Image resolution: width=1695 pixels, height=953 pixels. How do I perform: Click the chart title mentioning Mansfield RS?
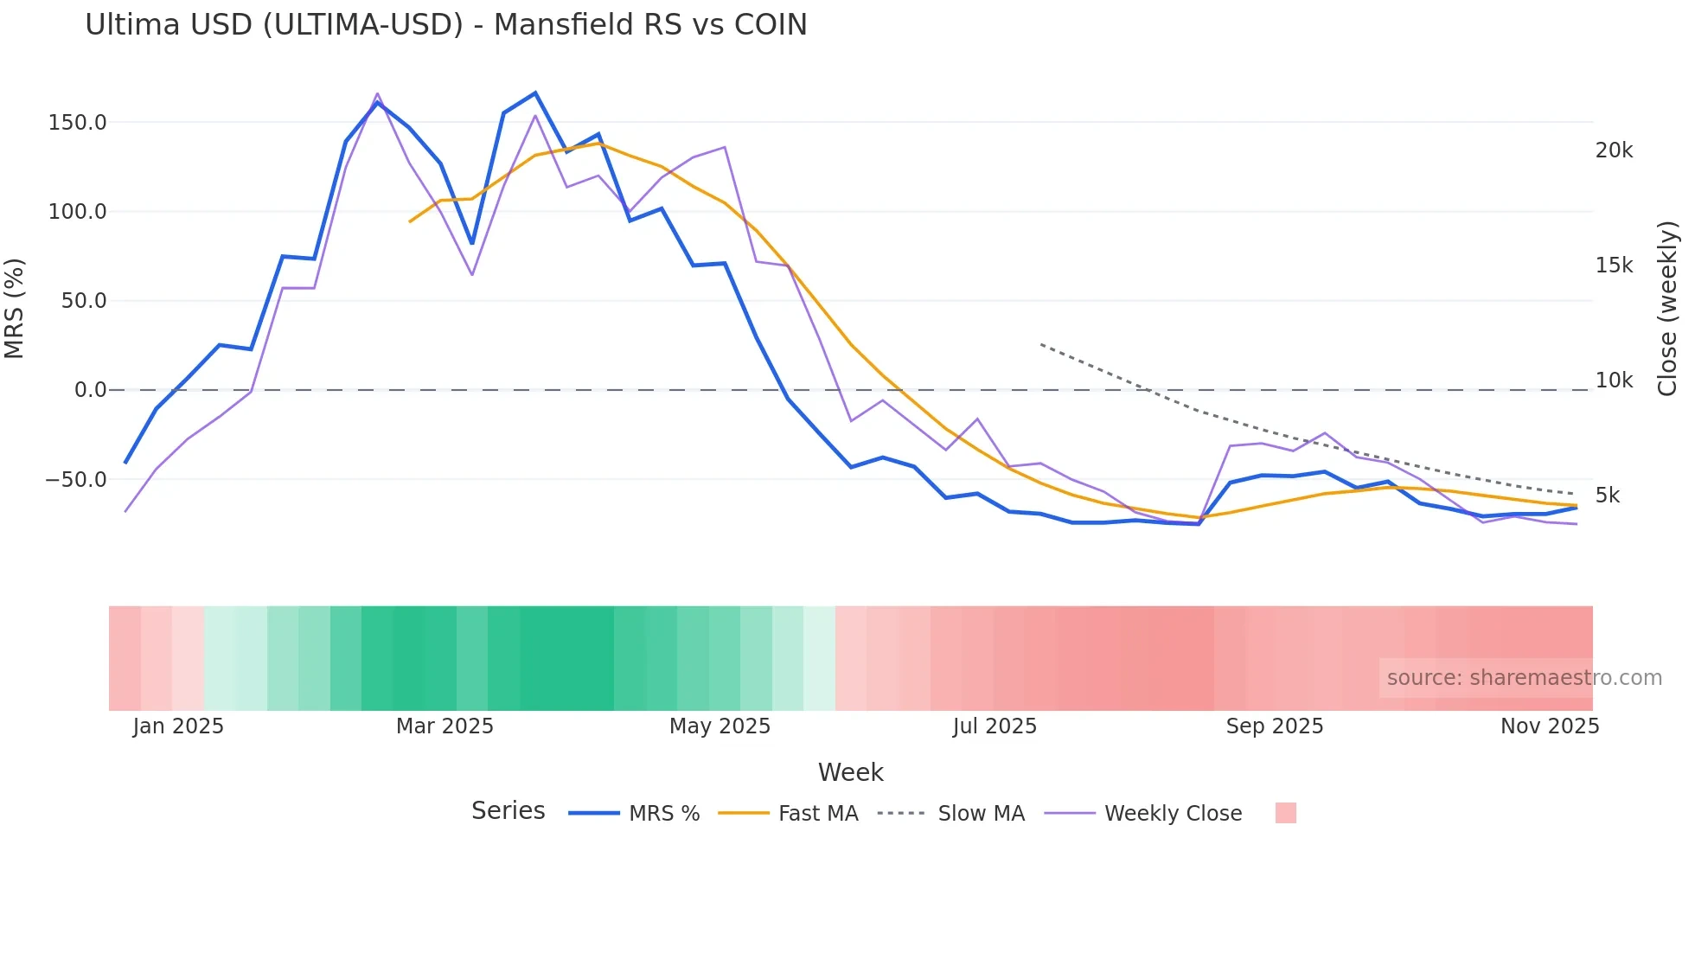point(445,25)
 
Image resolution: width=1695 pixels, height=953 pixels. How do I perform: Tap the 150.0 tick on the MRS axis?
point(77,123)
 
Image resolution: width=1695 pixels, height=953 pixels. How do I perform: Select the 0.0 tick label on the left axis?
point(90,390)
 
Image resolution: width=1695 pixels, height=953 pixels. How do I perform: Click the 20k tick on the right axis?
point(1614,150)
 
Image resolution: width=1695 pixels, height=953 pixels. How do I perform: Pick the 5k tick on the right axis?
point(1608,496)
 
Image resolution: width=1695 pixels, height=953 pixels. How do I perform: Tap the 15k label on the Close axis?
point(1614,265)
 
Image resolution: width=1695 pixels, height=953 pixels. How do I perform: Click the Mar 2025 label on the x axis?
point(445,726)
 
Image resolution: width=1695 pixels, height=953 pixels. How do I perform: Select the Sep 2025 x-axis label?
point(1274,726)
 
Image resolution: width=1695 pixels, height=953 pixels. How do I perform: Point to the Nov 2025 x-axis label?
point(1549,726)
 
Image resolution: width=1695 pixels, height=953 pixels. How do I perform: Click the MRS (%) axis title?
point(15,309)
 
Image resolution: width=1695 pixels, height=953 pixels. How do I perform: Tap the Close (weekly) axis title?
point(1667,309)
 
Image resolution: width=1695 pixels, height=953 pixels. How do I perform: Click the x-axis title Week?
point(850,772)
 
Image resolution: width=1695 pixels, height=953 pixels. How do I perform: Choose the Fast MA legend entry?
point(817,814)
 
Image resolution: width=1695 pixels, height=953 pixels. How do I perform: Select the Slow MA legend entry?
point(981,814)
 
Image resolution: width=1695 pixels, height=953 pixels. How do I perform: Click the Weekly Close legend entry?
point(1172,814)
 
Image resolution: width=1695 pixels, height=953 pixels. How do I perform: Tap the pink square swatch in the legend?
point(1285,813)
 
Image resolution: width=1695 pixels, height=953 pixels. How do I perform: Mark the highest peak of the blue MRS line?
point(535,93)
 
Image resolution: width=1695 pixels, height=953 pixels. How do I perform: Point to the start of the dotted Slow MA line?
point(1041,344)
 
